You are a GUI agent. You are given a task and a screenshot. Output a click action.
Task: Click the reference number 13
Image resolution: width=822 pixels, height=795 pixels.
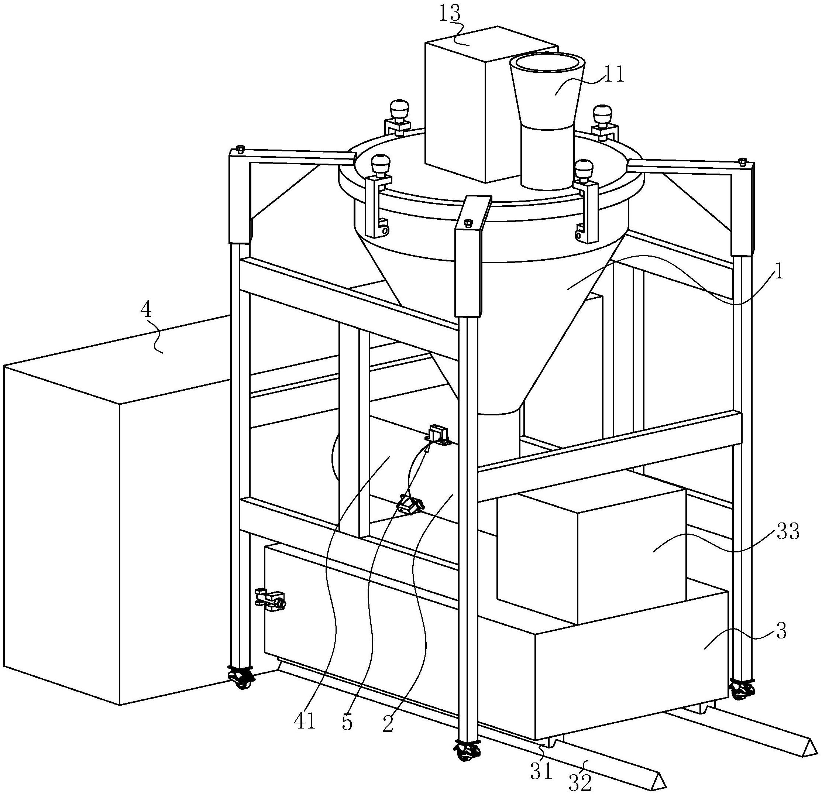pyautogui.click(x=450, y=13)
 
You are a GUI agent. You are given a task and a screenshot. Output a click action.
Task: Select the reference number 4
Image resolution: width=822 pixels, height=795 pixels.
pyautogui.click(x=145, y=311)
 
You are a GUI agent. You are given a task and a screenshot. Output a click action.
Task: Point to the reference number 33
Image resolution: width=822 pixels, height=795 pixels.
pyautogui.click(x=788, y=532)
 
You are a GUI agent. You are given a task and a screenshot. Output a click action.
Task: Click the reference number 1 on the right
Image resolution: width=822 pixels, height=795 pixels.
pyautogui.click(x=778, y=272)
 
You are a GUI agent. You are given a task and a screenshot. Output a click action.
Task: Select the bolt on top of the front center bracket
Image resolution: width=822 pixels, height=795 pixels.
pyautogui.click(x=468, y=223)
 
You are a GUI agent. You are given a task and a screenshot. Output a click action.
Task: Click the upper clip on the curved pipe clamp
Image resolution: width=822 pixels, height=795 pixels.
pyautogui.click(x=438, y=435)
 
